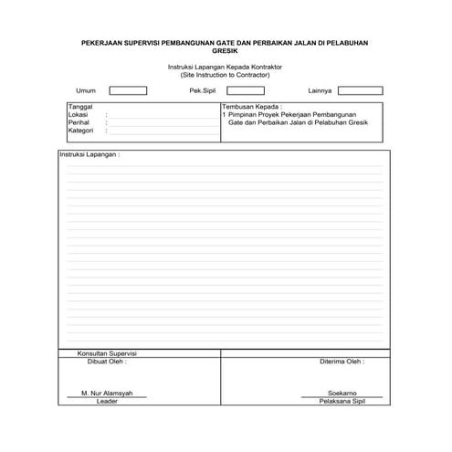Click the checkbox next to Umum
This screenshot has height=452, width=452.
pos(128,90)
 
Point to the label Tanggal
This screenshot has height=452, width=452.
pos(80,108)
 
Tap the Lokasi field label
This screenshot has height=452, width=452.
pos(78,116)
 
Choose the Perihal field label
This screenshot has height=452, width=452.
pos(79,123)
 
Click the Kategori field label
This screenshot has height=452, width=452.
pos(81,131)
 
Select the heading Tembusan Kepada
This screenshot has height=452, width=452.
pos(252,108)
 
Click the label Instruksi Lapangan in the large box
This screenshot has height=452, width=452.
pos(89,155)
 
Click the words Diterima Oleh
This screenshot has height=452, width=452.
pos(342,361)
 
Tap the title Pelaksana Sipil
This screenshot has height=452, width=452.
pos(341,401)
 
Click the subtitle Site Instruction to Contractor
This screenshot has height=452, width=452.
pos(226,75)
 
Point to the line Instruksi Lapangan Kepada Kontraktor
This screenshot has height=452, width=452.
pos(226,68)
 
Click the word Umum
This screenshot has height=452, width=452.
pos(86,91)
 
